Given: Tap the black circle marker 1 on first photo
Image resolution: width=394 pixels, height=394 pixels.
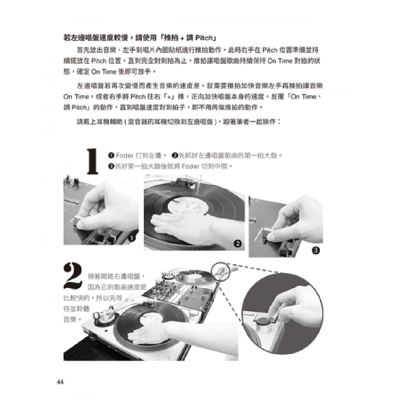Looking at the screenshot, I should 132,238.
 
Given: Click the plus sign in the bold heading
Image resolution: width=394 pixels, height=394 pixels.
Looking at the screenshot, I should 182,38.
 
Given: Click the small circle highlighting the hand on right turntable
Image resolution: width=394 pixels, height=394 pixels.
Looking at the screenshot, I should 221,270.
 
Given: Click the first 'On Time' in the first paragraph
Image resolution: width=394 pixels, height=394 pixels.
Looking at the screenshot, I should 277,61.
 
